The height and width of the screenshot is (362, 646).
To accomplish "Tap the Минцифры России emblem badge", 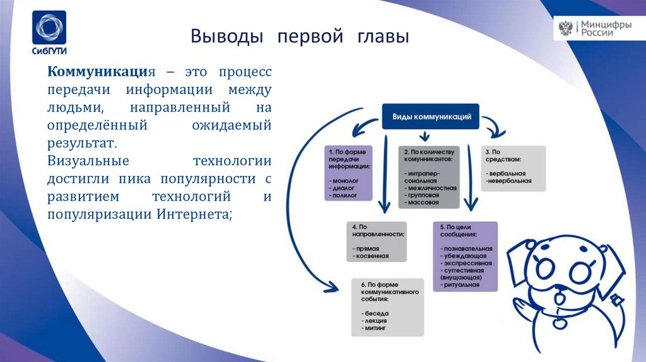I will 599,28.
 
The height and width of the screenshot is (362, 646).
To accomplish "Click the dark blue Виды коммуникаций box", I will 431,117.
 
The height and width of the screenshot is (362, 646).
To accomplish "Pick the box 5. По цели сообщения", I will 466,255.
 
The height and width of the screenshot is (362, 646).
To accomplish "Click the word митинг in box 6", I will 372,329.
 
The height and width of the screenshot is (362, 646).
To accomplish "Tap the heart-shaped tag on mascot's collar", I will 558,323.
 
